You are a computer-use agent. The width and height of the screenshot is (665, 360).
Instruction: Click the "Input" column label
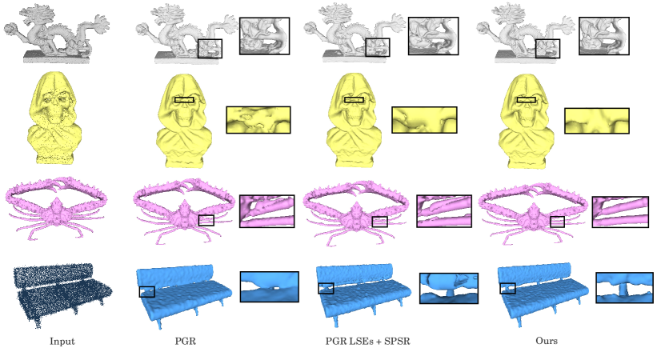coord(62,342)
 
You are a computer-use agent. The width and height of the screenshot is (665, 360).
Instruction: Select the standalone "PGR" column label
coord(185,342)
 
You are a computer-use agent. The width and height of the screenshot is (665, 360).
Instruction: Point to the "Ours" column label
coord(546,342)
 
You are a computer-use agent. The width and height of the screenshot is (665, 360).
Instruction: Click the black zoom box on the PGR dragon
coord(210,48)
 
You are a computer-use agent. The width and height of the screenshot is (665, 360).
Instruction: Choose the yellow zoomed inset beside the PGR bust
coord(258,119)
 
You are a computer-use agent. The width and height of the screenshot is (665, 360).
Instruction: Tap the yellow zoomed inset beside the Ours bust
coord(596,120)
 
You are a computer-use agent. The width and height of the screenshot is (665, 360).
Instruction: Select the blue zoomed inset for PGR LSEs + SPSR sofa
coord(448,288)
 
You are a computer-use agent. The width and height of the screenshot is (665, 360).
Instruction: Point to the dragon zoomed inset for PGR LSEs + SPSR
coord(432,37)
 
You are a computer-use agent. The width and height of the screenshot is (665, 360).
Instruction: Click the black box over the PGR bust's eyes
coord(184,101)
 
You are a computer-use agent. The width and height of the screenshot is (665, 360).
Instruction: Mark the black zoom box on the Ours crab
coord(557,221)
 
